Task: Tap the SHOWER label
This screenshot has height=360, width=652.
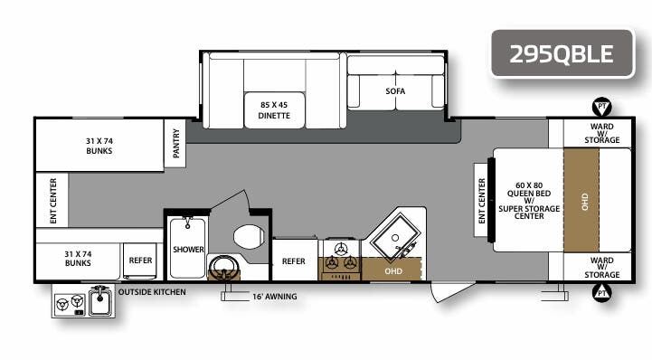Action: [x=188, y=249]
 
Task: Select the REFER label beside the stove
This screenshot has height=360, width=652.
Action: [x=294, y=261]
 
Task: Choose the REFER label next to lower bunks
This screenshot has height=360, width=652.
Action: [x=140, y=261]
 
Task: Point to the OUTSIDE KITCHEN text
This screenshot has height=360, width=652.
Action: [x=152, y=291]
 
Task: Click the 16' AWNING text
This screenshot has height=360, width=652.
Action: [x=275, y=296]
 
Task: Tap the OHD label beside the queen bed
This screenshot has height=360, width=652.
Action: [x=583, y=200]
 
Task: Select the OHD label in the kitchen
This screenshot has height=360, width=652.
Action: [x=392, y=270]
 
